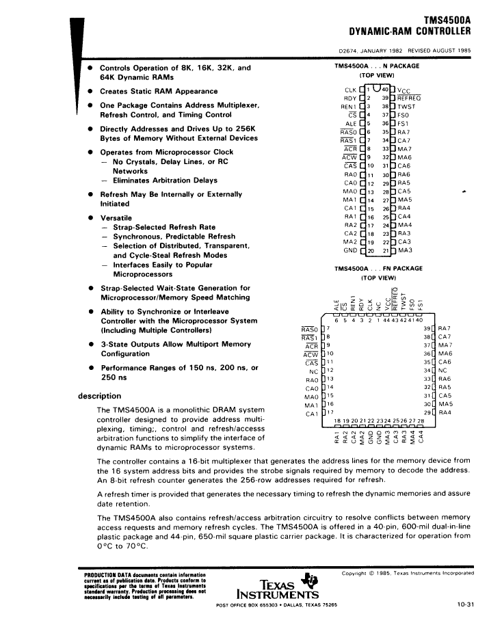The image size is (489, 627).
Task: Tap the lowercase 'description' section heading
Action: [x=100, y=396]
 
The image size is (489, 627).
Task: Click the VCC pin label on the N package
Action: [x=404, y=90]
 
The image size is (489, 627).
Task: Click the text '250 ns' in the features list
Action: [x=114, y=377]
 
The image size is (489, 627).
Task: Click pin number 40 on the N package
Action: [x=385, y=89]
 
